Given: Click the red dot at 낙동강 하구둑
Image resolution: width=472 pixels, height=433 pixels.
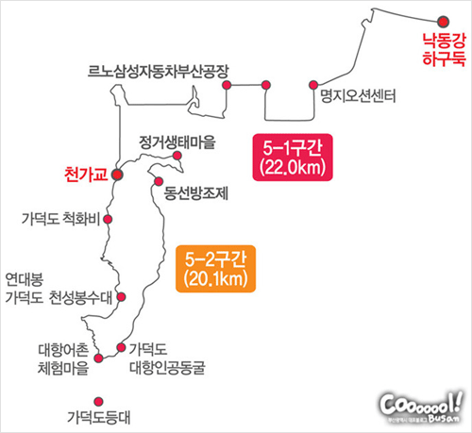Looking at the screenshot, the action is click(443, 22).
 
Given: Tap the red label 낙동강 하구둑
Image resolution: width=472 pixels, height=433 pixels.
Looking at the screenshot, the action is click(444, 50).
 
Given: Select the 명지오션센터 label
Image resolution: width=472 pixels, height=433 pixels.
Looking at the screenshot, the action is click(358, 96).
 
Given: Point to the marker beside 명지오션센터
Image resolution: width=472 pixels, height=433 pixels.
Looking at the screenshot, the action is click(313, 85).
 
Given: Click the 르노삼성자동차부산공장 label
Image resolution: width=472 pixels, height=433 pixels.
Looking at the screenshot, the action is click(158, 72).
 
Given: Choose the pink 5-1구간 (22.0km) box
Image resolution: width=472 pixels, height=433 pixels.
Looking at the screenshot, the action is click(293, 158).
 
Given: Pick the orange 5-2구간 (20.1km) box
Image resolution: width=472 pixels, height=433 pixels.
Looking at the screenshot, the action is click(215, 269).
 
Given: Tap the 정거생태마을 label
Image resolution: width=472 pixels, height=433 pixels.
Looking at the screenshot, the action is click(177, 142).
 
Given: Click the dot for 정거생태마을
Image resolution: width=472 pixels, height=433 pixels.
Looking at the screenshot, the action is click(177, 156).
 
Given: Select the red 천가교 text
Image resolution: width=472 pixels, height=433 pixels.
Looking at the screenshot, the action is click(86, 175).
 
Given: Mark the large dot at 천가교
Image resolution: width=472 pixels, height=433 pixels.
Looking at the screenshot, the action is click(117, 175).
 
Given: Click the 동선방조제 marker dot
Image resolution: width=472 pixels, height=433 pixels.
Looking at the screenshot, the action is click(159, 181).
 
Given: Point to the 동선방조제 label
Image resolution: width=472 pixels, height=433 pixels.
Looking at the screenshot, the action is click(196, 193).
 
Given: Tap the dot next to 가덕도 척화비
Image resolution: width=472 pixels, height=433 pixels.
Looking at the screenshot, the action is click(108, 219).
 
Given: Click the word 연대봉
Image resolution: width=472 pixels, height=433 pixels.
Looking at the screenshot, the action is click(25, 279).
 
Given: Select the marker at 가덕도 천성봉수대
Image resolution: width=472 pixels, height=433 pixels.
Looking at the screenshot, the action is click(121, 296).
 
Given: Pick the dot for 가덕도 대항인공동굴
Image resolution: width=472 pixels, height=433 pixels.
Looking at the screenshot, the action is click(121, 347).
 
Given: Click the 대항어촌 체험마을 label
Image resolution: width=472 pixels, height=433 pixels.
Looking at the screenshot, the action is click(63, 359).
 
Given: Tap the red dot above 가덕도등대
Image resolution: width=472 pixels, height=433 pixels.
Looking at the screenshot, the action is click(99, 402).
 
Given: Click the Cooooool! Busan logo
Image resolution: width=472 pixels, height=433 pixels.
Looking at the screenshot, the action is click(421, 408).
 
